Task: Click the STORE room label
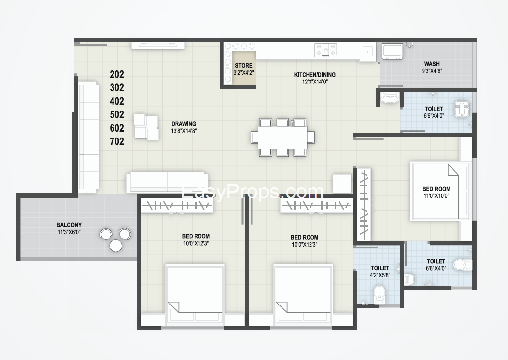click(244, 65)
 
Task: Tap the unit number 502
click(117, 114)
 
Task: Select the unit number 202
click(117, 75)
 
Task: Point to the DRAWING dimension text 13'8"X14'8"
click(184, 131)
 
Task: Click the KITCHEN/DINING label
click(314, 75)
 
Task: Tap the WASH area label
click(432, 64)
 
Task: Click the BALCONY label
click(69, 225)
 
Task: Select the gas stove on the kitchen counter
click(326, 50)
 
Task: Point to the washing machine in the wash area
click(393, 52)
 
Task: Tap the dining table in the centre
click(282, 137)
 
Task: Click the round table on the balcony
click(115, 246)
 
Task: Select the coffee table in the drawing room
click(146, 127)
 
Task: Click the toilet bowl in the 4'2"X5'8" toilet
click(379, 294)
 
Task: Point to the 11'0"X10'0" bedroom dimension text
click(436, 195)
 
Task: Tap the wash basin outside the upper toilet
click(390, 98)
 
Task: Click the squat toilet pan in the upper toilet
click(460, 109)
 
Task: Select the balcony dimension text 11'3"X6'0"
click(69, 232)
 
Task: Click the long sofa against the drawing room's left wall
click(88, 137)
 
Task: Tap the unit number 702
click(117, 141)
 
